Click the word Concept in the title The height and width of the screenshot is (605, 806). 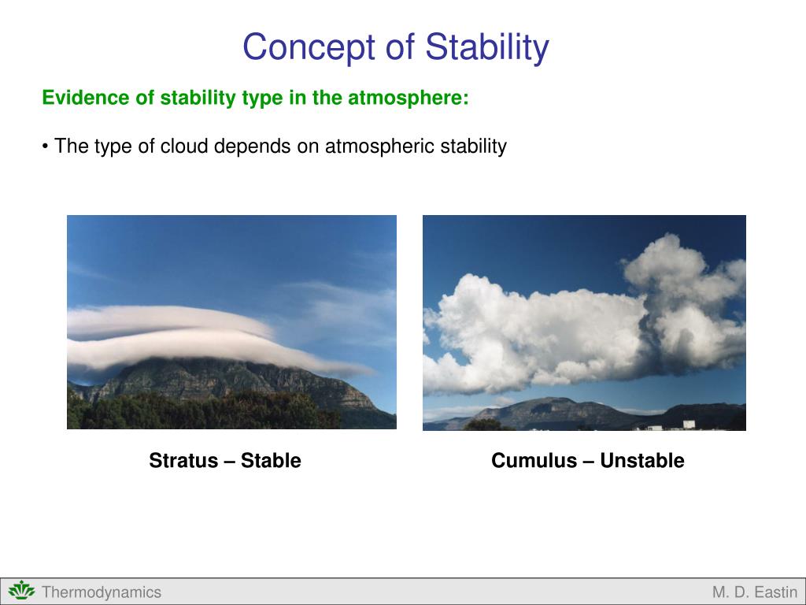(309, 47)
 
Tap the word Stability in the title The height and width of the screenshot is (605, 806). (487, 47)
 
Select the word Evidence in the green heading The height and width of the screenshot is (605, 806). (87, 97)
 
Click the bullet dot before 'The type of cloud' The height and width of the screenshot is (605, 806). (45, 147)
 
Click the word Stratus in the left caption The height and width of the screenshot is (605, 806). (183, 460)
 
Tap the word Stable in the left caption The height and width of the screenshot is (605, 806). (271, 460)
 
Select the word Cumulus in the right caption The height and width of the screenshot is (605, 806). (534, 460)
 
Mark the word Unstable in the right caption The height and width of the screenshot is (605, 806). (642, 460)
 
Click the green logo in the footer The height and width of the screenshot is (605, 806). (21, 591)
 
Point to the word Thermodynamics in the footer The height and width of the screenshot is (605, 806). (102, 592)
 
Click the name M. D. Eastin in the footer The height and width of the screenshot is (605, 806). (755, 592)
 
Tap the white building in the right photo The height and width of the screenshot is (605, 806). (689, 425)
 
